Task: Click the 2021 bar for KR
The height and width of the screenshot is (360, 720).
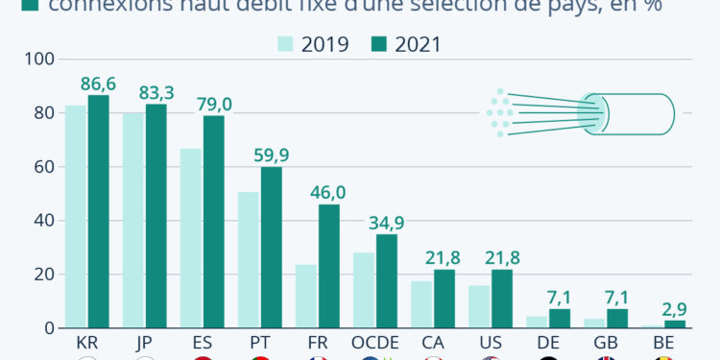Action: (x=98, y=211)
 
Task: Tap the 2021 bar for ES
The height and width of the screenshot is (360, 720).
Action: (x=213, y=222)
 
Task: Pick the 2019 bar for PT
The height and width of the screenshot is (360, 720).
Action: (x=249, y=259)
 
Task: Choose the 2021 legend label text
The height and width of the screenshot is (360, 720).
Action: (x=418, y=43)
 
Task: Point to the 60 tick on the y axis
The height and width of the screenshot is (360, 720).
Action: (x=41, y=167)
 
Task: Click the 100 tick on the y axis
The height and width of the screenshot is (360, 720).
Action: (x=37, y=60)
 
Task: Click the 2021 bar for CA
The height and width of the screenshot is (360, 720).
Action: (x=444, y=299)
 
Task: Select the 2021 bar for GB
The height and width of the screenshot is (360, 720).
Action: (x=616, y=318)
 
